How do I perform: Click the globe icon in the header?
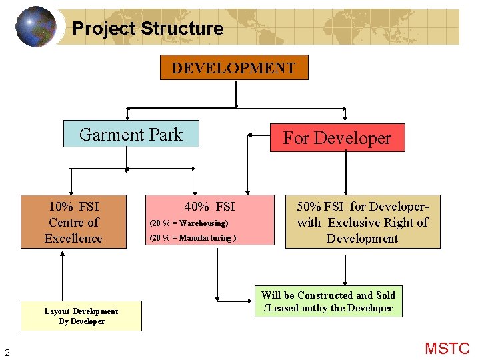pyautogui.click(x=35, y=27)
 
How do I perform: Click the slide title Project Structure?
pyautogui.click(x=147, y=29)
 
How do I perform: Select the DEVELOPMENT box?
pyautogui.click(x=234, y=68)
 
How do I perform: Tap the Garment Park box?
pyautogui.click(x=131, y=134)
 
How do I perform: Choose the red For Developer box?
pyautogui.click(x=337, y=138)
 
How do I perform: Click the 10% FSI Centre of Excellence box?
pyautogui.click(x=73, y=222)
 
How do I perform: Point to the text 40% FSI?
pyautogui.click(x=210, y=207)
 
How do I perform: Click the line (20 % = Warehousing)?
pyautogui.click(x=189, y=223)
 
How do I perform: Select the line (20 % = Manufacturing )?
pyautogui.click(x=191, y=238)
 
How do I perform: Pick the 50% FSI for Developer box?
pyautogui.click(x=363, y=222)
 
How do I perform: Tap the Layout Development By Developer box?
pyautogui.click(x=81, y=316)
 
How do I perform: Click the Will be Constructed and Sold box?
pyautogui.click(x=328, y=301)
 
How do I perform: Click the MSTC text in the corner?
pyautogui.click(x=447, y=349)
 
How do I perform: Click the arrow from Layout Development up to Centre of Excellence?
pyautogui.click(x=62, y=277)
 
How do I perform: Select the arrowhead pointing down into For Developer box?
pyautogui.click(x=345, y=120)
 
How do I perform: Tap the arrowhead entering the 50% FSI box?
pyautogui.click(x=345, y=191)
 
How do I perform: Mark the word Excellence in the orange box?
pyautogui.click(x=73, y=239)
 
